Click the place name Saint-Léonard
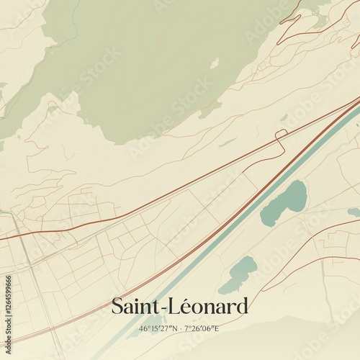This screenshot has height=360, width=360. [x=179, y=307]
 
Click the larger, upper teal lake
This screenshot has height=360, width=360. [x=286, y=202]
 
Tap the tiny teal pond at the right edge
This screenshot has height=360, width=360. [x=354, y=212]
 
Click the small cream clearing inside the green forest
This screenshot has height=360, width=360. [x=214, y=64]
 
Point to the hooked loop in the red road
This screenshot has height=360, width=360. [x=282, y=134]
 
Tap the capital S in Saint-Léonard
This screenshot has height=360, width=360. [x=117, y=307]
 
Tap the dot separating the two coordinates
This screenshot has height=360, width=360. [x=180, y=329]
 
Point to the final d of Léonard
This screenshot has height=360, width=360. [x=243, y=307]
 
